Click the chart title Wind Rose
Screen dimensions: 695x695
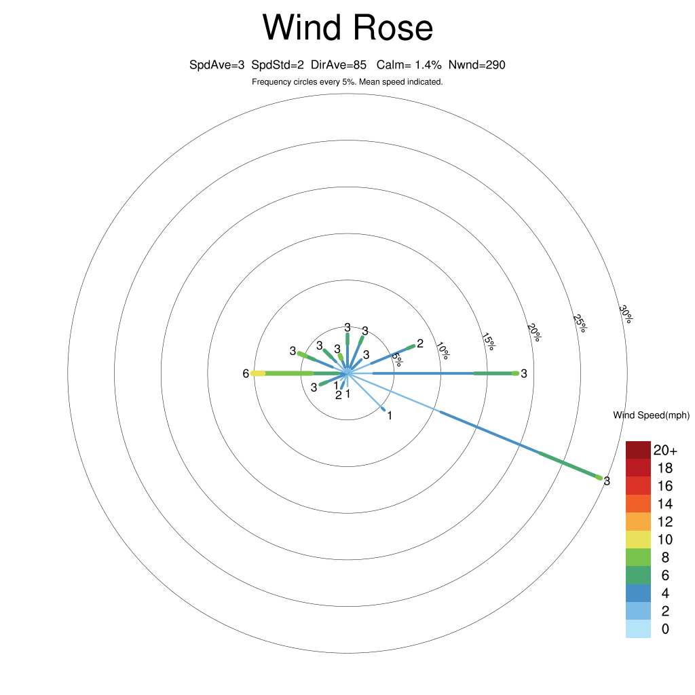pyautogui.click(x=347, y=27)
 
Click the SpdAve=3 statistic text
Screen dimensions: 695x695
pyautogui.click(x=217, y=65)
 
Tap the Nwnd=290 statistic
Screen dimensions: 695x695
pyautogui.click(x=477, y=65)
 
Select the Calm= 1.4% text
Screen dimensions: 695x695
pyautogui.click(x=409, y=65)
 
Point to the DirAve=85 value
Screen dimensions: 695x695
pyautogui.click(x=339, y=65)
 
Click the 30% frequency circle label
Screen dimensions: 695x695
pyautogui.click(x=626, y=314)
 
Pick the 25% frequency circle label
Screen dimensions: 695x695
pyautogui.click(x=580, y=324)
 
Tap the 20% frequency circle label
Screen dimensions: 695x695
pyautogui.click(x=534, y=333)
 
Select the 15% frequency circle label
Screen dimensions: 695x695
pyautogui.click(x=488, y=342)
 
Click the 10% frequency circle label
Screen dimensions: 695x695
pyautogui.click(x=443, y=351)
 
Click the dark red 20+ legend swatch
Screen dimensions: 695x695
pyautogui.click(x=638, y=450)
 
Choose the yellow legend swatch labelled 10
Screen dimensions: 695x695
pyautogui.click(x=638, y=540)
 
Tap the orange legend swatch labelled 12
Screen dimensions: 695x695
pyautogui.click(x=638, y=522)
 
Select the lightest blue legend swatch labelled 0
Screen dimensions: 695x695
pyautogui.click(x=638, y=629)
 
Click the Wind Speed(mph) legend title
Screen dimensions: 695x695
pyautogui.click(x=652, y=415)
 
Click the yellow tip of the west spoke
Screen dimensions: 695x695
pyautogui.click(x=258, y=374)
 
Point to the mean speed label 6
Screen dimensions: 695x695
pyautogui.click(x=246, y=374)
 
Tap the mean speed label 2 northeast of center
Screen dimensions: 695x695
pyautogui.click(x=420, y=343)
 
